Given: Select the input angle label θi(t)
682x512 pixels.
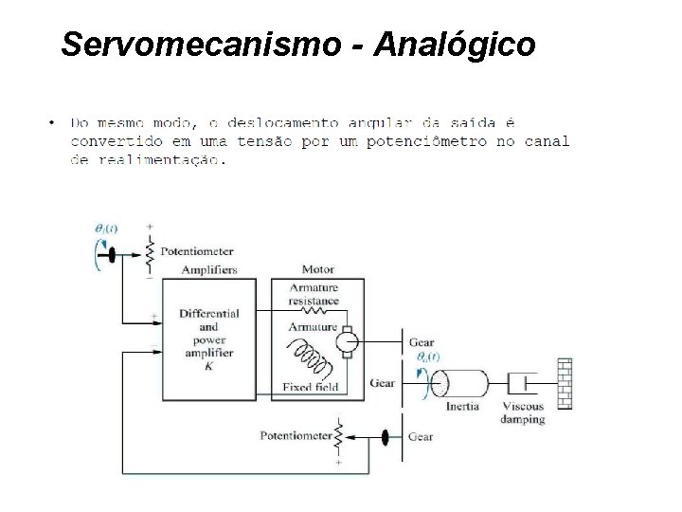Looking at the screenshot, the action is [106, 228].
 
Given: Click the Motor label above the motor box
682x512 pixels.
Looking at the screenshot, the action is [317, 270].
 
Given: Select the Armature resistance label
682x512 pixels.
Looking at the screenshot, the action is [315, 294].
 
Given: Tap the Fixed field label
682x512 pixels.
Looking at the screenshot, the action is [311, 387].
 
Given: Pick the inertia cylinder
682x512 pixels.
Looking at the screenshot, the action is [458, 383].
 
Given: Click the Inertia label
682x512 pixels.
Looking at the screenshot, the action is [463, 407].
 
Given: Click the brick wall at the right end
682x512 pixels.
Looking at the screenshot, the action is [565, 383].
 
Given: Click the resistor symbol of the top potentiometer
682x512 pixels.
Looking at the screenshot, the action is [148, 251].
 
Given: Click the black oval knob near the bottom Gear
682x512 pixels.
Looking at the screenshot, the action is [386, 437].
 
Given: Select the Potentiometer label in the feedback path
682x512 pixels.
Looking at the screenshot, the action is [296, 437].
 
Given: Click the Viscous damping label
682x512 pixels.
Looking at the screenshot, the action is [523, 412].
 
